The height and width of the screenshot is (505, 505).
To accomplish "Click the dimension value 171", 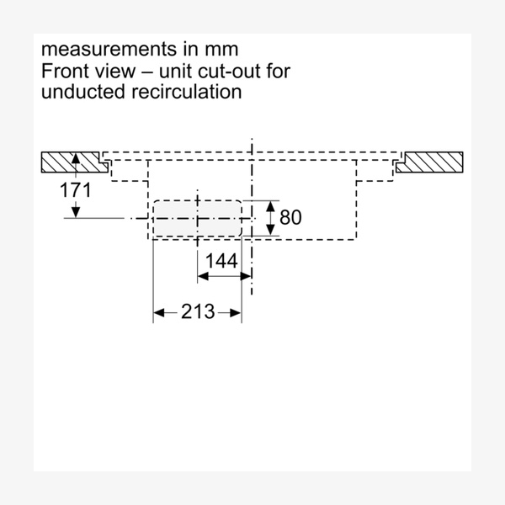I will tap(76, 189).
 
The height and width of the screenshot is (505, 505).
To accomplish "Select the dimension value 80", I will tap(290, 218).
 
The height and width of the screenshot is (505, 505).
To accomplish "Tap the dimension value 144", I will tap(221, 262).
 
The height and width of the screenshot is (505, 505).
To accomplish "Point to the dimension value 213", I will tap(198, 312).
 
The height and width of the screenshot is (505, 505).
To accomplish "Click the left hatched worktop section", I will tap(74, 162).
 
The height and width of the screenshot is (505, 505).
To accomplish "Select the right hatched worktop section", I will tap(430, 162).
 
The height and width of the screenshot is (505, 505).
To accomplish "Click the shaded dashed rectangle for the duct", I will tap(197, 218).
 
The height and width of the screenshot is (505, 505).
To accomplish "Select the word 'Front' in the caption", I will tap(65, 71).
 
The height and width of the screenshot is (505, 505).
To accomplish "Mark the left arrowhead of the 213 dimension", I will tap(157, 313).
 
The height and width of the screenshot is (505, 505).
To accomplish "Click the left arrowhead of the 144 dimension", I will tap(202, 275).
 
